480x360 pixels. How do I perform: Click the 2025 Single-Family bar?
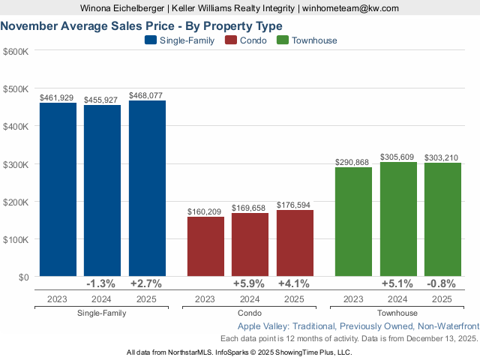[147, 189]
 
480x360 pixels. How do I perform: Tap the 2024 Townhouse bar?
[398, 219]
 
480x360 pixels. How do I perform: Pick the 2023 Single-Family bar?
[58, 190]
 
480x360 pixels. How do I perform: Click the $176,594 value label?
[295, 203]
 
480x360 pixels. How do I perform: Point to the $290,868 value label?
[353, 161]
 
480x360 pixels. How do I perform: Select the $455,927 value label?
[102, 100]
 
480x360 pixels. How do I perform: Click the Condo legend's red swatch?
[232, 40]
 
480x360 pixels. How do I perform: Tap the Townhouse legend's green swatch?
[283, 40]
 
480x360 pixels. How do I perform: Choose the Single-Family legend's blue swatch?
[150, 40]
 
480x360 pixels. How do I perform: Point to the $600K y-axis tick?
[16, 51]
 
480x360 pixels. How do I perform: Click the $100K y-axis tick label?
[16, 239]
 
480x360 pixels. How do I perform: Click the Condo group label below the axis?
[250, 313]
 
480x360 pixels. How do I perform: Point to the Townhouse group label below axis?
[397, 313]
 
